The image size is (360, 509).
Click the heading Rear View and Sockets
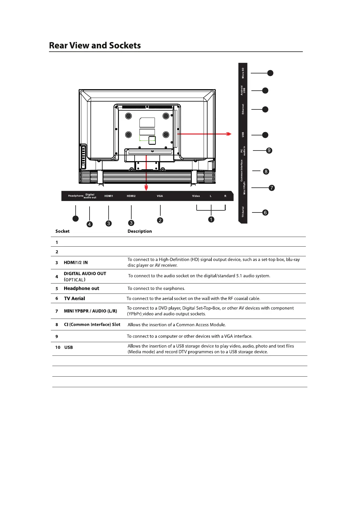click(95, 45)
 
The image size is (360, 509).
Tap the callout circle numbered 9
click(269, 150)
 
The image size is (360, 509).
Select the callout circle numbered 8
click(266, 171)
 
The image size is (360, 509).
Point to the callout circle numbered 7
click(272, 188)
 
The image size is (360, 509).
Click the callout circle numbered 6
click(265, 212)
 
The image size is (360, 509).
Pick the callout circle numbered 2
click(160, 220)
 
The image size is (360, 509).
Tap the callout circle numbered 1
click(211, 219)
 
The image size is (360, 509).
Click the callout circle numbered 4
click(90, 224)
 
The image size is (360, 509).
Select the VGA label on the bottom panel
click(160, 196)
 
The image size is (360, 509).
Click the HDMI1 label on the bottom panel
click(109, 196)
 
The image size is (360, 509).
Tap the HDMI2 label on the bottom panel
click(131, 196)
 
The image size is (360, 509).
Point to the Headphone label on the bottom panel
click(76, 196)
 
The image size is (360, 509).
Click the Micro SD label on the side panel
click(243, 73)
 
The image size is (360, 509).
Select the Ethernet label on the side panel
click(243, 109)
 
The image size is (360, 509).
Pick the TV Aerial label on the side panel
click(243, 212)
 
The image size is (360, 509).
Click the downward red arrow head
click(146, 188)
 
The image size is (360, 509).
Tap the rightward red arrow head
click(229, 134)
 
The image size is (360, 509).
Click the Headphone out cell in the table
click(81, 288)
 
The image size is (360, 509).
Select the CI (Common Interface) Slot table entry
click(92, 324)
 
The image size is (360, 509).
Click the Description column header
click(139, 231)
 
